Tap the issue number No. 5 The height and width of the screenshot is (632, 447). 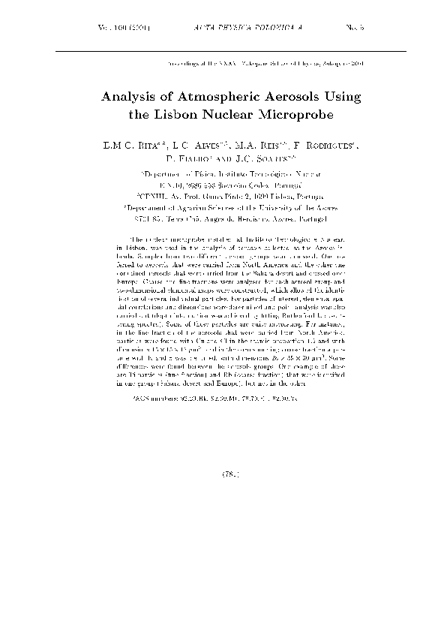pyautogui.click(x=334, y=29)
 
